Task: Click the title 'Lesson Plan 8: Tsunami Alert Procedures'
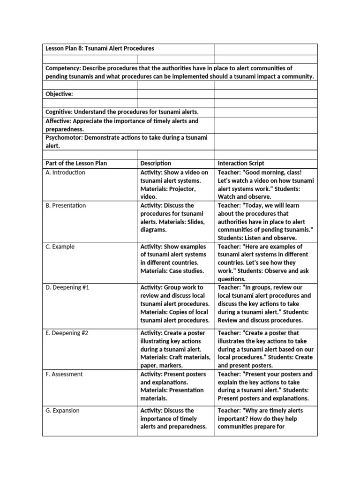pos(99,49)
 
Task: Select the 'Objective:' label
pos(59,94)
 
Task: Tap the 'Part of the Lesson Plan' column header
pos(76,163)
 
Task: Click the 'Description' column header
pos(156,163)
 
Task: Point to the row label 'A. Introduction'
pos(65,172)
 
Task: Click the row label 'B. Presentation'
pos(66,205)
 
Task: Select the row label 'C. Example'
pos(60,247)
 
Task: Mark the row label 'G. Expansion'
pos(62,411)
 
